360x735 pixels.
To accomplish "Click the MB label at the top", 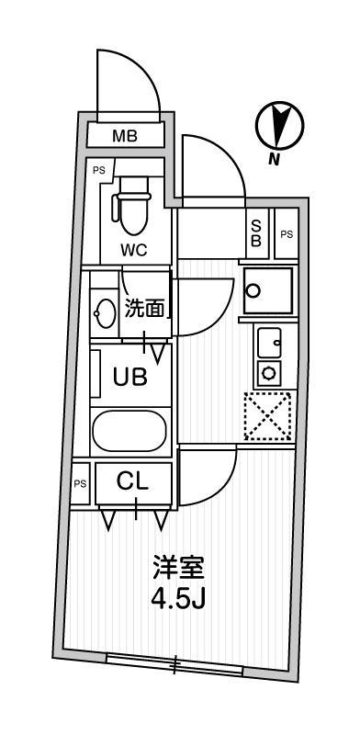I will (125, 137).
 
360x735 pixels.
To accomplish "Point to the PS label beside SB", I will (287, 234).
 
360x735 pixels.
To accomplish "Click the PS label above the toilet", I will (98, 169).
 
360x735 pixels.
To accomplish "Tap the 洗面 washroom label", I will (145, 309).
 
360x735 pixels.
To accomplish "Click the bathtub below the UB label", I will (131, 431).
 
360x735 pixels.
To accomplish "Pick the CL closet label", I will (134, 480).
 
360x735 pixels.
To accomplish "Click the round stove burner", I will (269, 372).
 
